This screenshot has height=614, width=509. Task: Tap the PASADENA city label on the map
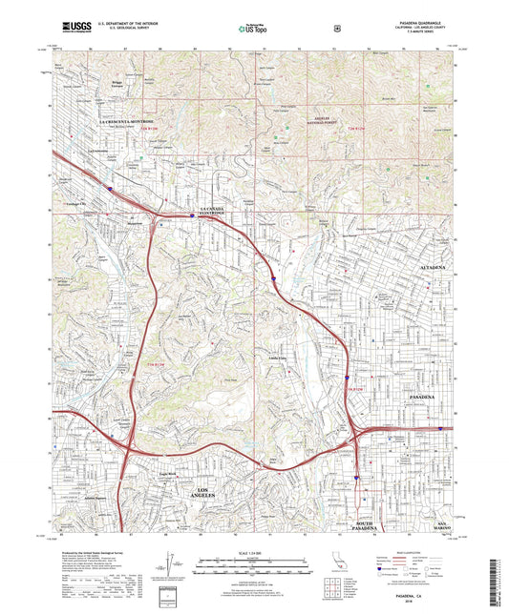coord(421,395)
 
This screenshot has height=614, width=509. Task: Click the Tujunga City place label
coord(76,205)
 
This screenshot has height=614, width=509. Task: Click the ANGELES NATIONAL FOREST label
coord(322,120)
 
